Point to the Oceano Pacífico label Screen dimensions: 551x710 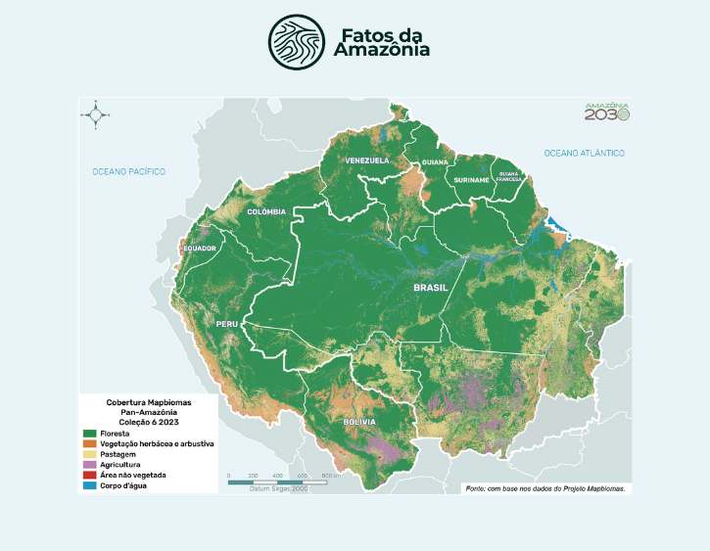point(129,171)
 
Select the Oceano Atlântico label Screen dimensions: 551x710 point(585,154)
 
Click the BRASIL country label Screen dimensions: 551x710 point(430,288)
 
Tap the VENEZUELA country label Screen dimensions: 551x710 point(367,160)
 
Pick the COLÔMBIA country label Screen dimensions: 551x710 point(266,211)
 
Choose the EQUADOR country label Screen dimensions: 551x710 point(200,249)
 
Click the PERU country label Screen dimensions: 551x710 point(227,323)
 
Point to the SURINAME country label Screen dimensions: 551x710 point(471,181)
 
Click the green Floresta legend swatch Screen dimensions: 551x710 point(90,434)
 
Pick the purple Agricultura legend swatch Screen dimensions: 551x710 point(90,464)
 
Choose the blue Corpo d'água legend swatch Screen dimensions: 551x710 point(90,485)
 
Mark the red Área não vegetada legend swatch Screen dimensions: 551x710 point(90,475)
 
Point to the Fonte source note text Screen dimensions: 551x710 point(545,487)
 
